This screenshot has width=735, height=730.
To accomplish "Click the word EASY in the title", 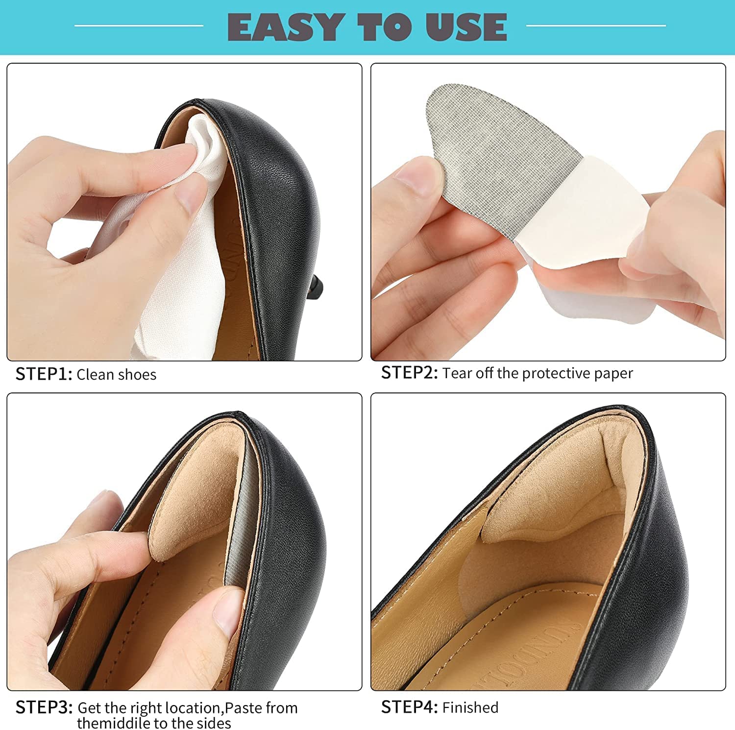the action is point(285,27).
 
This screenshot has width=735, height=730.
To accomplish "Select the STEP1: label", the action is point(44,374).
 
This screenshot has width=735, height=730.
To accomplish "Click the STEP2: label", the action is point(410,373).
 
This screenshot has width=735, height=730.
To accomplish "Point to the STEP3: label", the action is point(44,707).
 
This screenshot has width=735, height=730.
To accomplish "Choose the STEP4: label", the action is point(410,707).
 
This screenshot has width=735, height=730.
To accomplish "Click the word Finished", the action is point(470,707).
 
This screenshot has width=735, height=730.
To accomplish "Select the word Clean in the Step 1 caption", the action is point(95,375).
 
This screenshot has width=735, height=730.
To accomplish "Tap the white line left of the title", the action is point(139,25).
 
